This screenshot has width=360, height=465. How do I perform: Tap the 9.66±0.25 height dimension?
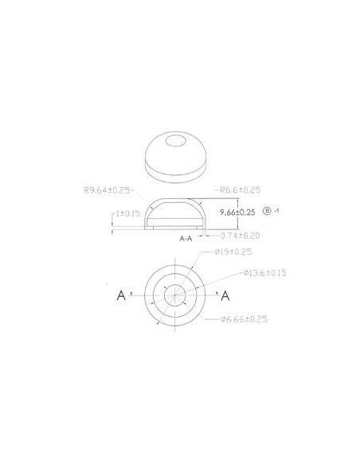tap(237, 213)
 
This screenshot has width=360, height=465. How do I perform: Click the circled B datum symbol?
tap(267, 212)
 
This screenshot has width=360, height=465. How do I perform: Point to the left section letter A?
tap(122, 296)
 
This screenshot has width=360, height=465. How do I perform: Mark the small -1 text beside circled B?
tap(277, 211)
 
